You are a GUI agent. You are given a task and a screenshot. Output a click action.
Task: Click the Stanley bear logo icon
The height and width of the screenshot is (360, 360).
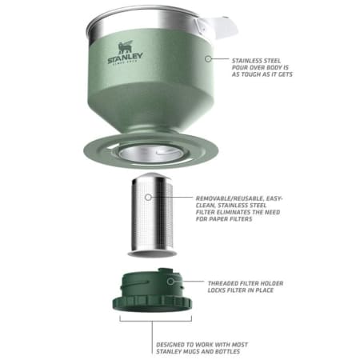tap(126, 47)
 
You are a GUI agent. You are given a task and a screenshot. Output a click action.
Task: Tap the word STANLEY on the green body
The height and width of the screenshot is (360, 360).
tap(125, 58)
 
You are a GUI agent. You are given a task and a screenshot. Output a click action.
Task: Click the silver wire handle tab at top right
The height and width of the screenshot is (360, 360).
tap(216, 26)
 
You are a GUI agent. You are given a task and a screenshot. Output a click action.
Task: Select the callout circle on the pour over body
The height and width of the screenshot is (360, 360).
tap(208, 58)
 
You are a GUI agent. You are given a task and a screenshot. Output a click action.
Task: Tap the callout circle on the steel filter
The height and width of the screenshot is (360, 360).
tap(148, 198)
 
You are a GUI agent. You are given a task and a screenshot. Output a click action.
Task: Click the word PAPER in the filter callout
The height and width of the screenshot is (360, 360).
tap(222, 219)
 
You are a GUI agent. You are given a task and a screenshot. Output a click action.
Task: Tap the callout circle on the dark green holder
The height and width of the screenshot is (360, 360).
tap(170, 282)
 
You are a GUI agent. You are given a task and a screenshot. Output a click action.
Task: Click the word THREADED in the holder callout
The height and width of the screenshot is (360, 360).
tap(222, 283)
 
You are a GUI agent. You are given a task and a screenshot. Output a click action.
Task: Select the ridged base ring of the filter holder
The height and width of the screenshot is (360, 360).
tap(152, 303)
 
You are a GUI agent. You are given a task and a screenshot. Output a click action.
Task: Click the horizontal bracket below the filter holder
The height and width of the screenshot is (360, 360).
tap(156, 321)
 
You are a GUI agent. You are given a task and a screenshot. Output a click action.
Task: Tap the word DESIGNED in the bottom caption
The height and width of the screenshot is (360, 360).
tap(170, 345)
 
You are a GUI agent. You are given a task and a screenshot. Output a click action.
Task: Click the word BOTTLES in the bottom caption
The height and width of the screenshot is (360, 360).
tap(227, 352)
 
